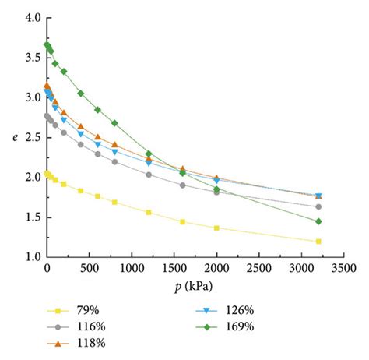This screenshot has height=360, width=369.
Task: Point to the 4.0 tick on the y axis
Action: (x=30, y=17)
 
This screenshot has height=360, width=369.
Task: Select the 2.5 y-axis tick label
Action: (x=30, y=137)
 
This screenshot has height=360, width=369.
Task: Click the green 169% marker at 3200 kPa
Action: (x=318, y=221)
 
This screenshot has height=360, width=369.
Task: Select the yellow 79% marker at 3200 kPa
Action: (x=318, y=242)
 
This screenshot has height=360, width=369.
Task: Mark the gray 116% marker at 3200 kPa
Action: (x=318, y=206)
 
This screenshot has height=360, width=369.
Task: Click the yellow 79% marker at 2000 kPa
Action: (x=216, y=228)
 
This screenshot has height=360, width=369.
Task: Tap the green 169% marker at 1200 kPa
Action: (x=149, y=154)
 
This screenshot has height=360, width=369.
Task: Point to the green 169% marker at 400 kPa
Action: (x=81, y=94)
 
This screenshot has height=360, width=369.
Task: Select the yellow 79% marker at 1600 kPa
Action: (x=182, y=222)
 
